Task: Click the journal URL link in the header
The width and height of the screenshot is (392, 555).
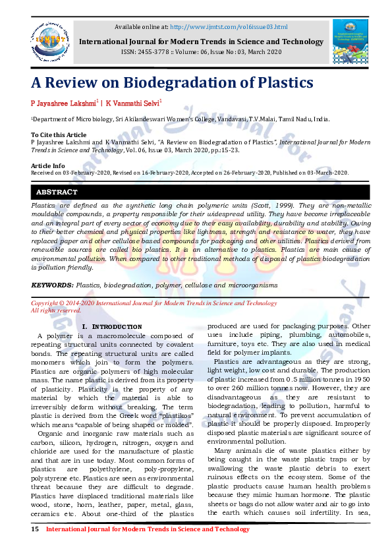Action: point(229,26)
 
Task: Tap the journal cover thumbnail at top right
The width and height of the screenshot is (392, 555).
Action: point(350,42)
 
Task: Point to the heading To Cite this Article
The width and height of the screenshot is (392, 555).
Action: point(59,135)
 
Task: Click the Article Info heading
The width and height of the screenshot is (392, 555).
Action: point(48,165)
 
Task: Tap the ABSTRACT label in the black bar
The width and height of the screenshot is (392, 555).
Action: point(57,192)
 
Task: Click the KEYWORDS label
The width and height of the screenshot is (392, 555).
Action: point(52,285)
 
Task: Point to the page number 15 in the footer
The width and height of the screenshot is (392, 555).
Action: point(36,529)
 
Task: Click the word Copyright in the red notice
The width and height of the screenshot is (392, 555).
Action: point(47,303)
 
